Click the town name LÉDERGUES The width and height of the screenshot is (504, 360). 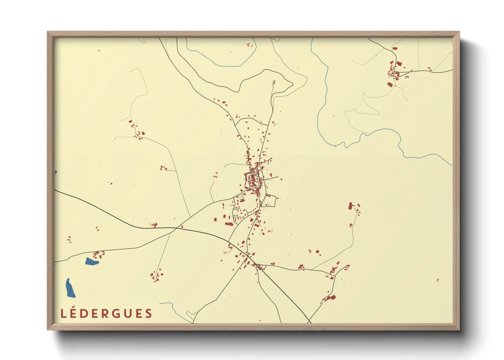106,313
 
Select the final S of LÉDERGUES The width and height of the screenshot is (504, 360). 148,314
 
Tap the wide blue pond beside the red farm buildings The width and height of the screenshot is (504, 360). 91,261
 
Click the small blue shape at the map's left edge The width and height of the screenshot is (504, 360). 56,172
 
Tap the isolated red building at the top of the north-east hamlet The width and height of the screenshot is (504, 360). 395,49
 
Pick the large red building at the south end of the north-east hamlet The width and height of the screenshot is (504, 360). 390,84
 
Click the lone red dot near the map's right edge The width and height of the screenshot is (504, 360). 438,280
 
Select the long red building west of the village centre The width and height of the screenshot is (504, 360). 229,224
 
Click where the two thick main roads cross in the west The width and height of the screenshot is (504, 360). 176,228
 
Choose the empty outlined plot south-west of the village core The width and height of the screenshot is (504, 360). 241,197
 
